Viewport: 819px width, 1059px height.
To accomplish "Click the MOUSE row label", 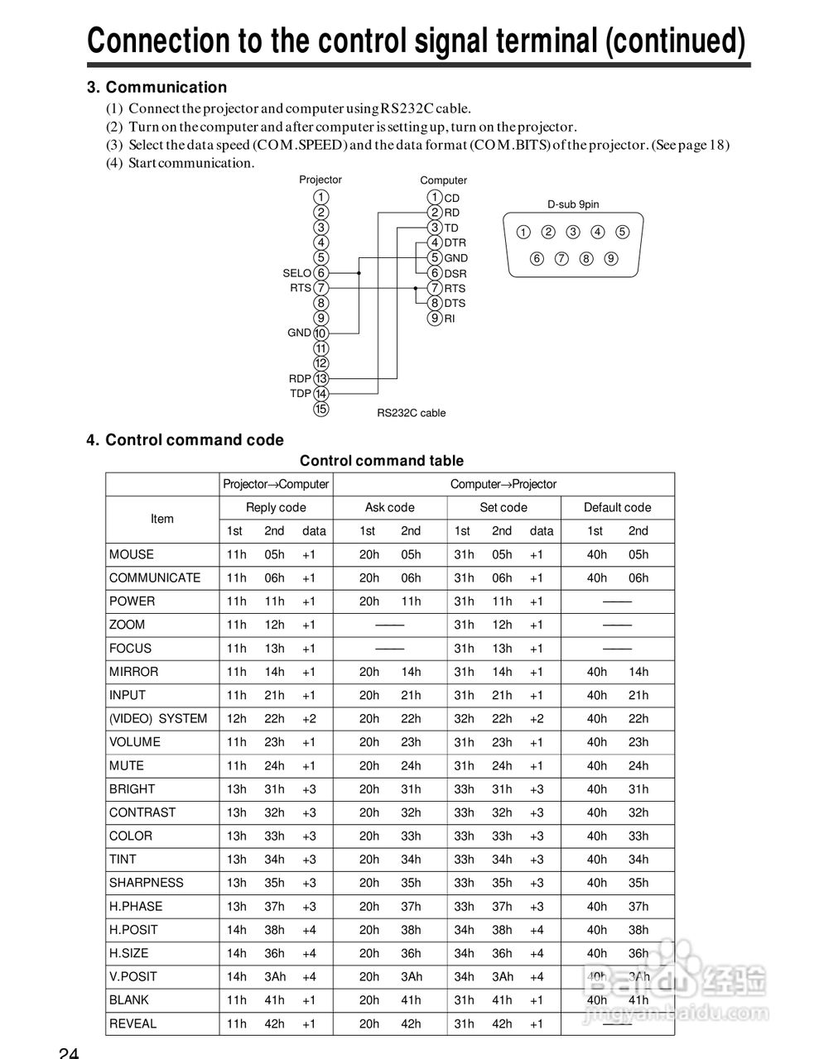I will point(132,554).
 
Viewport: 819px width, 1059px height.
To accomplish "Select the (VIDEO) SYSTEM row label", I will point(158,718).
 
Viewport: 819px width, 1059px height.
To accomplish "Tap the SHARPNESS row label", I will point(147,883).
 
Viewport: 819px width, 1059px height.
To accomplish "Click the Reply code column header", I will point(276,507).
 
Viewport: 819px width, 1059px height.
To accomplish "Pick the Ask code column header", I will point(389,507).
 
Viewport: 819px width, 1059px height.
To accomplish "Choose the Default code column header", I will point(617,507).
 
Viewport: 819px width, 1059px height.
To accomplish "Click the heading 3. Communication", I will point(157,87).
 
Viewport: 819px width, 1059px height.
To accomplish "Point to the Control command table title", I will point(382,461).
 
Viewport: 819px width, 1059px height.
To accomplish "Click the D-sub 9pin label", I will point(573,204).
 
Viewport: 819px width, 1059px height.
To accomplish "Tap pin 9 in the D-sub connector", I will point(611,258).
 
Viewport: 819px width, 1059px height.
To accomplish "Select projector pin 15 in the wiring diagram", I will point(321,409).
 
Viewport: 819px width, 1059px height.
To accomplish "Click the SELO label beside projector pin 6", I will point(296,273).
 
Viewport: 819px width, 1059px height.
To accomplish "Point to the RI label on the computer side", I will point(450,319).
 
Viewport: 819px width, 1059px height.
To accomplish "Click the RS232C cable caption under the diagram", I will point(411,413).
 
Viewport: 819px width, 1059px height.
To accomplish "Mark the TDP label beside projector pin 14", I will point(301,394).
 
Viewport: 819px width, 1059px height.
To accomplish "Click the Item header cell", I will point(162,519).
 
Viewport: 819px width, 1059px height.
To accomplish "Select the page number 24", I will point(69,1052).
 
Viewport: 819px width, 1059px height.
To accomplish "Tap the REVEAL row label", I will point(132,1023).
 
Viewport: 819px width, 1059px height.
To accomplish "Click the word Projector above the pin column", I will point(320,180).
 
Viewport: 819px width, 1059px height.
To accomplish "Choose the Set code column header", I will point(503,507).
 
